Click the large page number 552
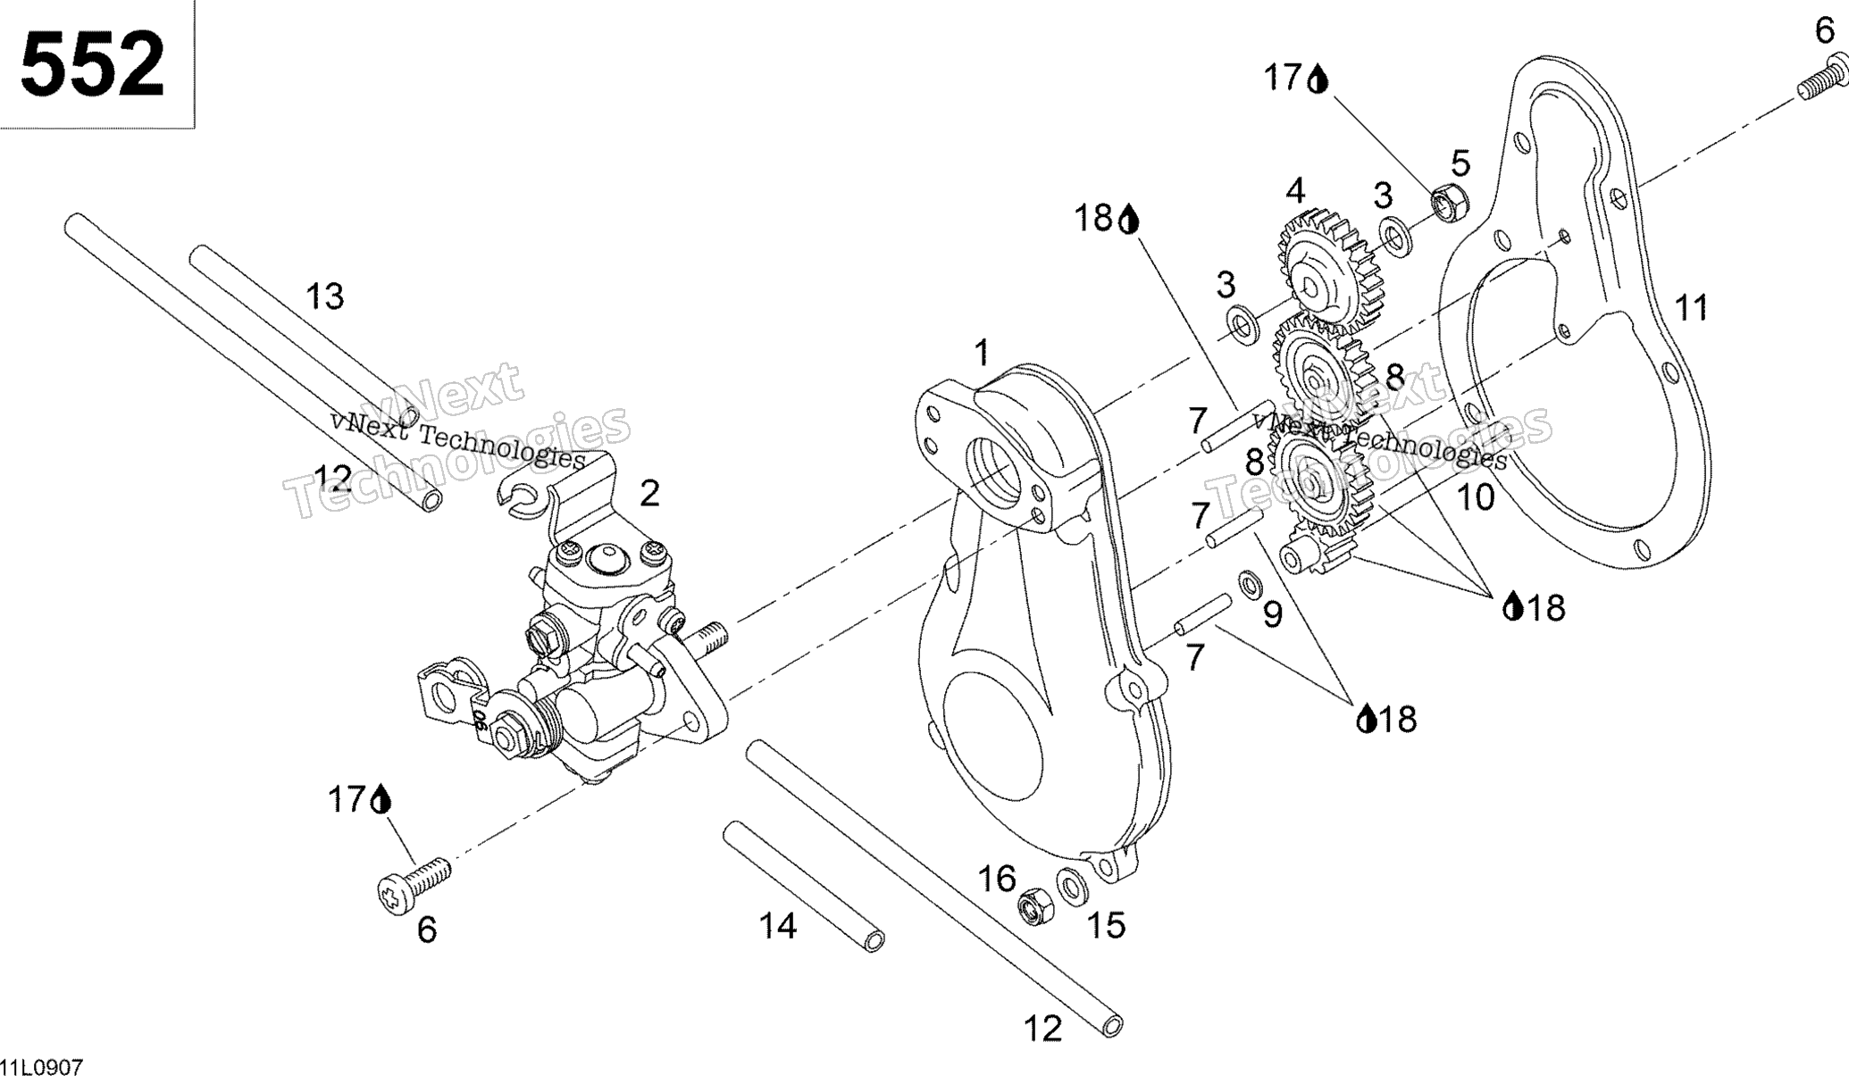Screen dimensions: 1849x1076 pos(93,63)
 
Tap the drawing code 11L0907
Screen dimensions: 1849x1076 pos(42,1066)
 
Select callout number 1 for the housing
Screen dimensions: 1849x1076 pos(982,353)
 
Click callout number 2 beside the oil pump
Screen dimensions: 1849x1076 pos(649,493)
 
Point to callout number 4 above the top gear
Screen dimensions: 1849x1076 pos(1295,190)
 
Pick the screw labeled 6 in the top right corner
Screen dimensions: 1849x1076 pos(1822,75)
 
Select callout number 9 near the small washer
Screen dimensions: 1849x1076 pos(1272,614)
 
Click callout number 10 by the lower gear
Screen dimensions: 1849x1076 pos(1475,497)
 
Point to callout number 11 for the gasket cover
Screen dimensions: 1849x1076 pos(1691,308)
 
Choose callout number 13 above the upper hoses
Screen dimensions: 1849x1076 pos(324,296)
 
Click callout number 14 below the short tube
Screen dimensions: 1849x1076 pos(777,926)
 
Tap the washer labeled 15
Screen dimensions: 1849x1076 pos(1069,885)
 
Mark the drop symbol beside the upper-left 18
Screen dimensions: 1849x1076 pos(1129,220)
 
